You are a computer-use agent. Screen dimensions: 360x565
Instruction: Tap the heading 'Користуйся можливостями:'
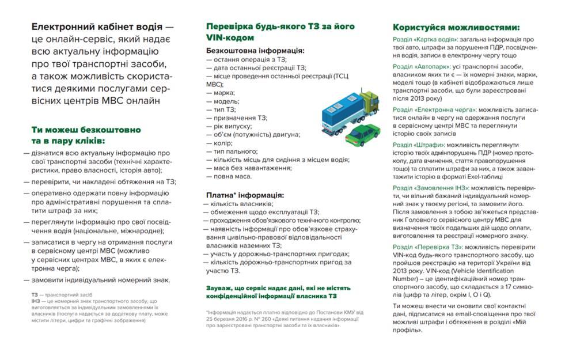[456, 27]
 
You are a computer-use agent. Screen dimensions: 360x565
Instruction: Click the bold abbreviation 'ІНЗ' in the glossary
[36, 301]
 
